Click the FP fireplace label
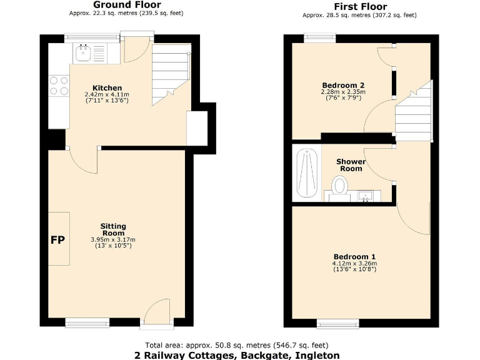pyautogui.click(x=58, y=239)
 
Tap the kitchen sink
pyautogui.click(x=84, y=53)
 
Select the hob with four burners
pyautogui.click(x=59, y=86)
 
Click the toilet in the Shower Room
pyautogui.click(x=340, y=186)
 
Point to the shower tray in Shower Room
pyautogui.click(x=306, y=174)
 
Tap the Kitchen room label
pyautogui.click(x=107, y=87)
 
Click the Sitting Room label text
pyautogui.click(x=114, y=229)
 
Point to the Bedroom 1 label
pyautogui.click(x=354, y=257)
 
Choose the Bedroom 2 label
pyautogui.click(x=343, y=85)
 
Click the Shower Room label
pyautogui.click(x=351, y=165)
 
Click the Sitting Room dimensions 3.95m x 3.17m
pyautogui.click(x=114, y=239)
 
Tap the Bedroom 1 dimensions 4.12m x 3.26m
pyautogui.click(x=354, y=264)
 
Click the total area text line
pyautogui.click(x=237, y=345)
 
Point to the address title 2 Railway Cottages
pyautogui.click(x=237, y=355)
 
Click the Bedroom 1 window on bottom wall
pyautogui.click(x=338, y=323)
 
